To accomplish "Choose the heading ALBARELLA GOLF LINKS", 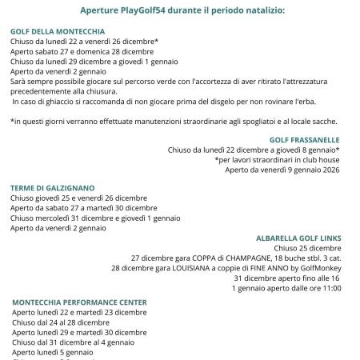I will [299, 238].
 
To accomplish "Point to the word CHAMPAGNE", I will [219, 258].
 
